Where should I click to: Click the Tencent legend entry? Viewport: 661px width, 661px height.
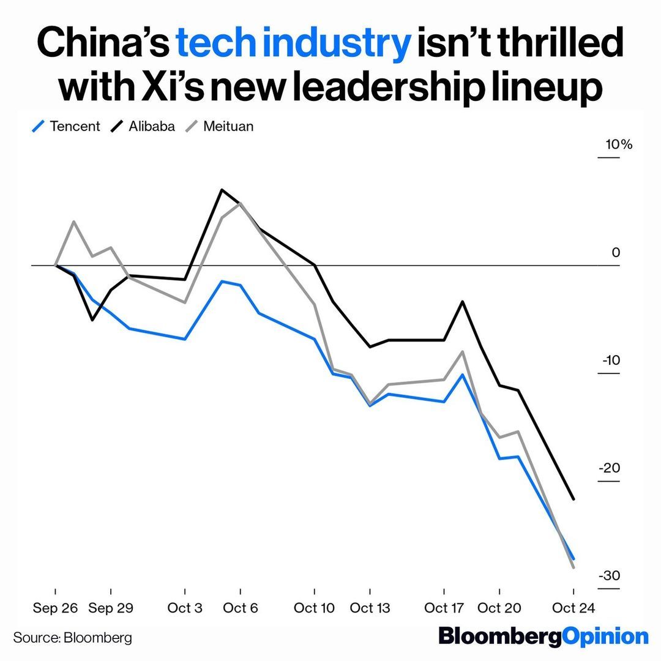pos(67,127)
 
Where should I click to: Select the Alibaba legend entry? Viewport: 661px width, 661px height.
pos(143,127)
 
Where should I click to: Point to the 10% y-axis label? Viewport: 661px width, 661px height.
pos(618,145)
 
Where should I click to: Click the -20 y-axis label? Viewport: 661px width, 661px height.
pos(611,468)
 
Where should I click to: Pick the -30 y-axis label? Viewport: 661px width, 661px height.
pos(610,576)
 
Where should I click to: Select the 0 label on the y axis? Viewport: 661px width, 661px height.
pos(615,253)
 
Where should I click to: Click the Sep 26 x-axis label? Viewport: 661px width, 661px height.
pos(55,608)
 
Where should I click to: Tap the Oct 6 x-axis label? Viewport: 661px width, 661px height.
pos(240,608)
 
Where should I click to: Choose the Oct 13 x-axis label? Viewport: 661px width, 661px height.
pos(370,608)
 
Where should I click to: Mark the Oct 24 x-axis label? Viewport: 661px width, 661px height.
pos(573,608)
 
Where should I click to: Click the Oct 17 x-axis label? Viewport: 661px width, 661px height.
pos(444,608)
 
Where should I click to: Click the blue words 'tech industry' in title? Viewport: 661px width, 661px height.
pos(293,44)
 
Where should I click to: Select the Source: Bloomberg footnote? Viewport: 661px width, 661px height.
pos(72,638)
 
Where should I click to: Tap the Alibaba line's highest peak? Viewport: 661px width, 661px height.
pos(222,190)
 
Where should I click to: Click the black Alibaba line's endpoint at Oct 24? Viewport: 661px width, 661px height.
pos(573,499)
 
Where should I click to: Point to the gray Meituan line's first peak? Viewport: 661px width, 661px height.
pos(73,222)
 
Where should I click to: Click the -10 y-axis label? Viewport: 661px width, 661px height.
pos(611,360)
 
